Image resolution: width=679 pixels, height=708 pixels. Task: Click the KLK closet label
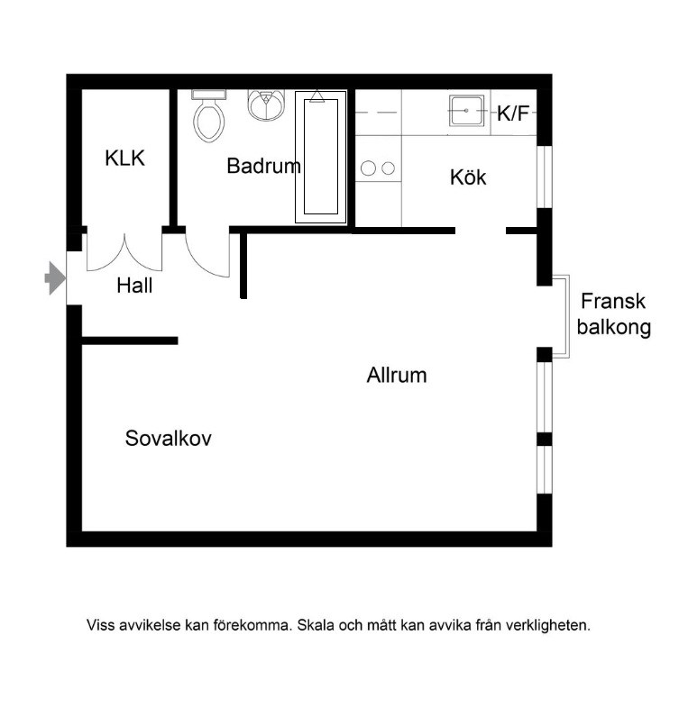pyautogui.click(x=124, y=159)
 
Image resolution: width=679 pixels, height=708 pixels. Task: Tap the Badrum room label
pyautogui.click(x=263, y=166)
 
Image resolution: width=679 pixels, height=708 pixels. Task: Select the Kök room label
pyautogui.click(x=468, y=177)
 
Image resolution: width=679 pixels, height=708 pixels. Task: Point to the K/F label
pyautogui.click(x=514, y=114)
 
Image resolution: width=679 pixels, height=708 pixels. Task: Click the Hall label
pyautogui.click(x=134, y=286)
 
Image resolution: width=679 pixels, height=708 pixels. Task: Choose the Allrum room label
pyautogui.click(x=397, y=376)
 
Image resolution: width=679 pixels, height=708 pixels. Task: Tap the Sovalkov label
pyautogui.click(x=169, y=439)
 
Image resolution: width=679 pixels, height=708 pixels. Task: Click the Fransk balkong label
pyautogui.click(x=615, y=314)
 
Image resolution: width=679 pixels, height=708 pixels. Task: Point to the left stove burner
pyautogui.click(x=369, y=168)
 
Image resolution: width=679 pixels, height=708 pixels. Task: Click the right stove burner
pyautogui.click(x=389, y=168)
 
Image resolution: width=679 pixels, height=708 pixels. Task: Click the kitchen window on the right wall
pyautogui.click(x=544, y=175)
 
